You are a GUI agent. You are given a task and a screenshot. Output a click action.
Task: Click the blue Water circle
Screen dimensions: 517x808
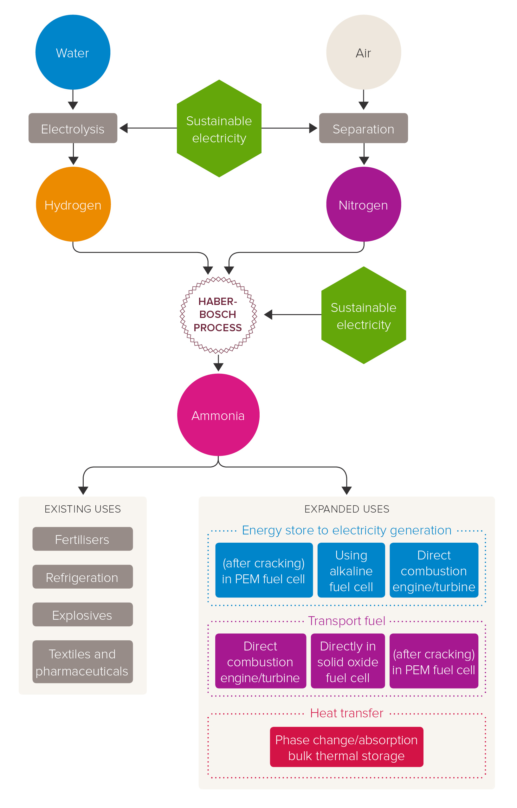73,52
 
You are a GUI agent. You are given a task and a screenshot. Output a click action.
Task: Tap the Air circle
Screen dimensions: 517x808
364,52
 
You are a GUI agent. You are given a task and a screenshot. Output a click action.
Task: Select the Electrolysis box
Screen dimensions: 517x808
73,128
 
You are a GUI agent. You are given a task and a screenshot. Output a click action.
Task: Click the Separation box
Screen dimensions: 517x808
364,128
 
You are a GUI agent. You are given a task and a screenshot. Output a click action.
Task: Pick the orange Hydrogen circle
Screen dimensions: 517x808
73,204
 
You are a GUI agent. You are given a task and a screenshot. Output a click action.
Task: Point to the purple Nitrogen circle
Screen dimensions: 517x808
364,204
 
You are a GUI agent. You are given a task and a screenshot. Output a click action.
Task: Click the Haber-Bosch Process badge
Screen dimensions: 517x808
218,315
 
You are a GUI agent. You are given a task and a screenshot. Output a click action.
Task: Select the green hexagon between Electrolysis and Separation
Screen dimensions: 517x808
219,128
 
